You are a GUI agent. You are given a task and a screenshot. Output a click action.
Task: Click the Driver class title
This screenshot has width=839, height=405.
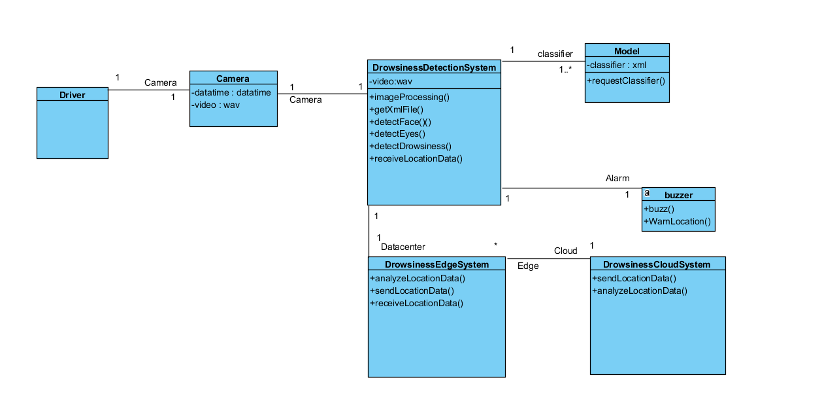tap(73, 95)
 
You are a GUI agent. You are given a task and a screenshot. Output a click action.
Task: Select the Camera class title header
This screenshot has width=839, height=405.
tap(233, 79)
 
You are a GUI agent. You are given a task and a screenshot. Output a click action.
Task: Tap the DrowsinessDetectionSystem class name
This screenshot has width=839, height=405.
tap(434, 67)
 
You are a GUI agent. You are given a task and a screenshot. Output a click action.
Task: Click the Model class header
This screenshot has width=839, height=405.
tap(627, 51)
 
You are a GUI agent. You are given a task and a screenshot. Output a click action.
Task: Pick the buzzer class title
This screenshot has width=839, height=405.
tap(678, 195)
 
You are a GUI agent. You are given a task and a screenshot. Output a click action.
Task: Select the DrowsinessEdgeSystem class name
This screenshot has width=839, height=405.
tap(436, 264)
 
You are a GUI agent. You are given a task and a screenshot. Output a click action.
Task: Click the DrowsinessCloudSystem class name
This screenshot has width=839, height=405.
tap(657, 264)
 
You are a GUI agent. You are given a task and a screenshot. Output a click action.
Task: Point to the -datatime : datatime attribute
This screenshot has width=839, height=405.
tap(231, 92)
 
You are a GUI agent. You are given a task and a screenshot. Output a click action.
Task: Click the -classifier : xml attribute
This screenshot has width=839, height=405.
tap(616, 65)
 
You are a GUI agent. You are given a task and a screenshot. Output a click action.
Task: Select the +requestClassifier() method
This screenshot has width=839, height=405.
tap(625, 80)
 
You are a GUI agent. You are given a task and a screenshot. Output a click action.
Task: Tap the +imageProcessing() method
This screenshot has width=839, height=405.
tap(410, 97)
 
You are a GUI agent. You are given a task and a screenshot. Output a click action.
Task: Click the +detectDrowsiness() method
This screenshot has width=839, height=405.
tap(410, 146)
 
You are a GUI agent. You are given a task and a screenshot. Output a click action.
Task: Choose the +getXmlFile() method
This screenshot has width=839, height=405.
tap(397, 109)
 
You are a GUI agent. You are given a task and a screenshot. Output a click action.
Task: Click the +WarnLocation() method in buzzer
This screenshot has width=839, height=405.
tap(677, 221)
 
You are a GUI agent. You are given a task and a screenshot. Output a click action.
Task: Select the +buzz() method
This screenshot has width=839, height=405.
tap(659, 209)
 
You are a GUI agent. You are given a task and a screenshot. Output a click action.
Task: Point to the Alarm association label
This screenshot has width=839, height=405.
tap(617, 178)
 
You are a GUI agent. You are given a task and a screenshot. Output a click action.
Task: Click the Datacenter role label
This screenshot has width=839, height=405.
tap(403, 247)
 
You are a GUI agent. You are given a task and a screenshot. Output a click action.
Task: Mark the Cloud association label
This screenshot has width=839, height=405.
tap(566, 251)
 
